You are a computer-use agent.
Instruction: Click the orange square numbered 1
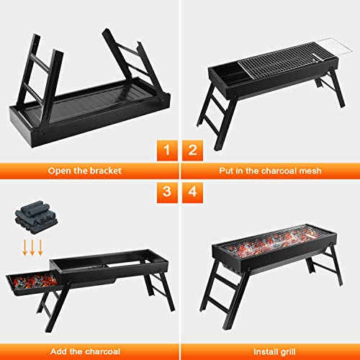coord(166,150)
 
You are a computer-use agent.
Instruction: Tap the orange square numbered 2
coord(192,150)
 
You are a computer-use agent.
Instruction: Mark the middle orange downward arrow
coord(33,248)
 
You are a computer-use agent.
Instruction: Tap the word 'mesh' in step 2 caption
coord(312,171)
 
